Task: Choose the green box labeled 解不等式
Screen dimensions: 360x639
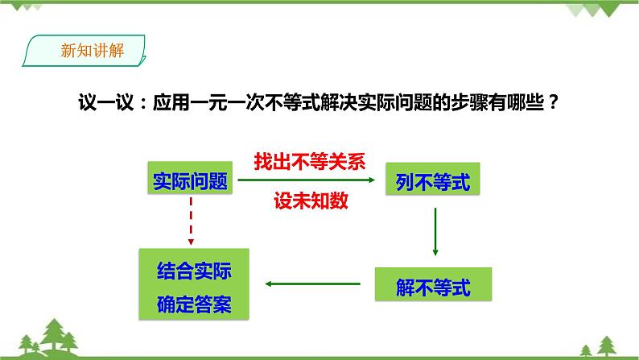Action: tap(433, 283)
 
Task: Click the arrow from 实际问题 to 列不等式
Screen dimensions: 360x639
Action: tap(306, 181)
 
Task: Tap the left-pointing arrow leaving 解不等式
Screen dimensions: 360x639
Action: tap(313, 283)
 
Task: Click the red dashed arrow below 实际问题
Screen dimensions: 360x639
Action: tap(191, 221)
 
